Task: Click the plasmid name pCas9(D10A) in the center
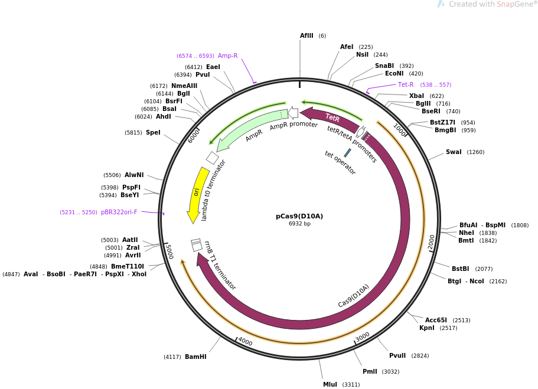(x=299, y=216)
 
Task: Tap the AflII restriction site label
(x=307, y=35)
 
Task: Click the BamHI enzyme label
(x=195, y=357)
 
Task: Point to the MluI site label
(x=330, y=384)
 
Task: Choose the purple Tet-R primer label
(x=406, y=84)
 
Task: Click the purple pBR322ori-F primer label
(x=119, y=212)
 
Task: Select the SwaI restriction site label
(x=454, y=152)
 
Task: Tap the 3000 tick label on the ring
(x=363, y=337)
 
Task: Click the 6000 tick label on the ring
(x=194, y=136)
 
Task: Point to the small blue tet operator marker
(x=348, y=153)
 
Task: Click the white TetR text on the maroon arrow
(x=332, y=117)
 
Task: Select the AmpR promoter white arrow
(x=293, y=113)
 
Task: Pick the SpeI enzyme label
(x=153, y=132)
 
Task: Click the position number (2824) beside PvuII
(x=420, y=356)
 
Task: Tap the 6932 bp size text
(x=299, y=224)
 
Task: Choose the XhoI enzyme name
(x=139, y=274)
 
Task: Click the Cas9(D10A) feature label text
(x=353, y=296)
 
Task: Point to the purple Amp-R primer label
(x=227, y=55)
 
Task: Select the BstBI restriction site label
(x=460, y=269)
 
